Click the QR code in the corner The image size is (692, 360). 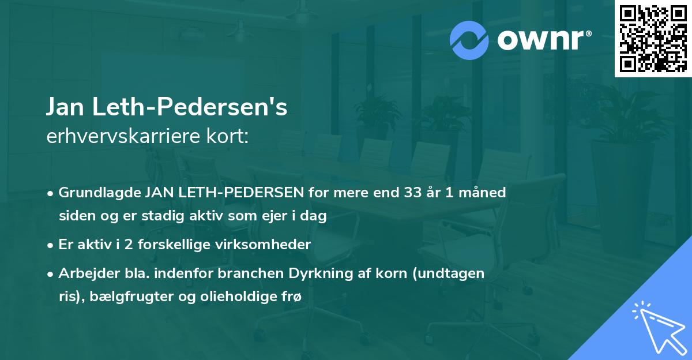click(653, 39)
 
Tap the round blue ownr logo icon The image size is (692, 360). click(469, 40)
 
